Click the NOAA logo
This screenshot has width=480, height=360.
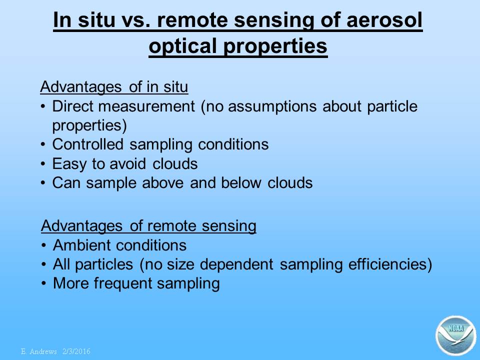pyautogui.click(x=456, y=335)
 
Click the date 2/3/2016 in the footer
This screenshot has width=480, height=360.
pyautogui.click(x=76, y=351)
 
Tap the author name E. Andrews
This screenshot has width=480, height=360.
pyautogui.click(x=39, y=351)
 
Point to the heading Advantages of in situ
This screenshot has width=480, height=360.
pyautogui.click(x=114, y=87)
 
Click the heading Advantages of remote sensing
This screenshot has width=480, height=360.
pyautogui.click(x=148, y=226)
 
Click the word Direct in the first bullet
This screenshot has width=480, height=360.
pyautogui.click(x=72, y=106)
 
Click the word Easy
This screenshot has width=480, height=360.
pyautogui.click(x=69, y=164)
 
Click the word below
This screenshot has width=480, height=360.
pyautogui.click(x=241, y=183)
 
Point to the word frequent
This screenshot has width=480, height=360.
pyautogui.click(x=123, y=284)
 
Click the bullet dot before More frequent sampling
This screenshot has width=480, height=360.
pyautogui.click(x=44, y=283)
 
